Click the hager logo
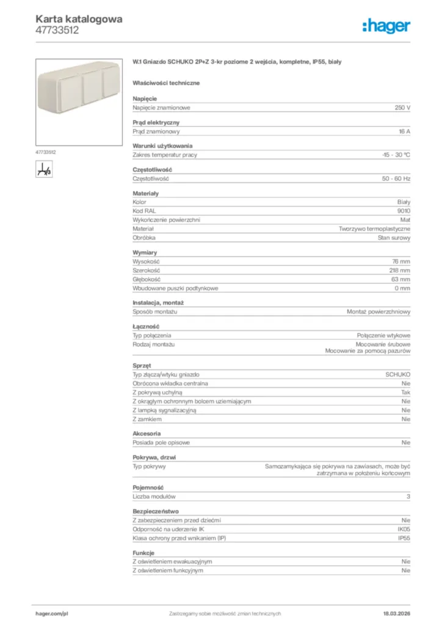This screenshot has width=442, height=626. tap(386, 26)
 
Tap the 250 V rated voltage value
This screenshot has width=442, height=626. tap(402, 108)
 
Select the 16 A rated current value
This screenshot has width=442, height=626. tap(404, 131)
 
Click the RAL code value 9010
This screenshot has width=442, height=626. tap(404, 211)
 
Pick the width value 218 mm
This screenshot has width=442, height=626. tap(401, 270)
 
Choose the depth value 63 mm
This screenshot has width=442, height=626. tap(401, 279)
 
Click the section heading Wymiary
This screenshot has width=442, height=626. tap(145, 252)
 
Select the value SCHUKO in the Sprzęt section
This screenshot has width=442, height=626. tap(397, 374)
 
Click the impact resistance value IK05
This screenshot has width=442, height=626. tap(404, 529)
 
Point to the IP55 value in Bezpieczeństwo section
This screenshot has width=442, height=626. tap(404, 539)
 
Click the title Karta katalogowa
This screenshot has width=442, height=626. tap(79, 19)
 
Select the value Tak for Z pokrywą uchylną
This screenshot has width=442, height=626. tap(405, 392)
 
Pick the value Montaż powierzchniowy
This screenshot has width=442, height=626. tap(379, 312)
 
